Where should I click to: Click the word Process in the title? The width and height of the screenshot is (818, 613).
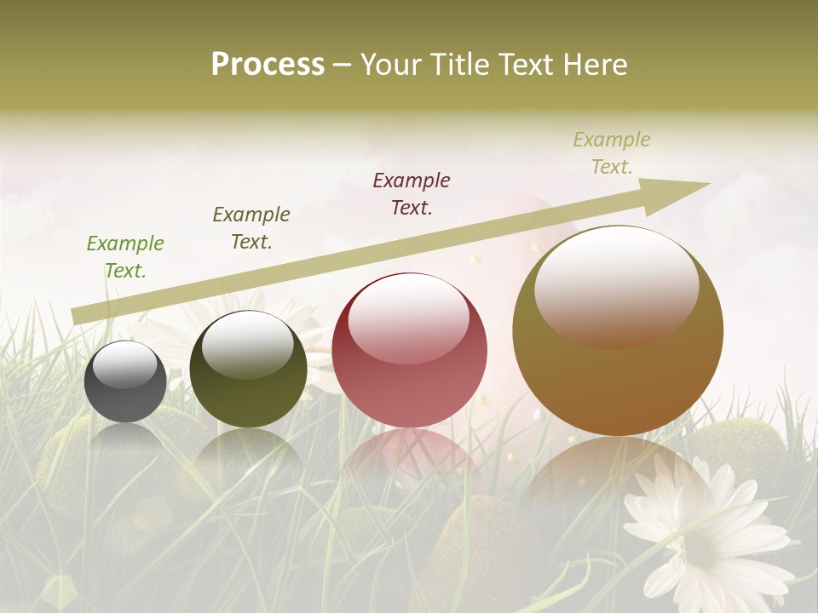[x=268, y=65]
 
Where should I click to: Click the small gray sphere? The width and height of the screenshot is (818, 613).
[x=125, y=381]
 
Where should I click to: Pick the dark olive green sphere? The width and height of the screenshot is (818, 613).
[x=248, y=370]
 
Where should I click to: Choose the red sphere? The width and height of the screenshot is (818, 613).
[x=410, y=350]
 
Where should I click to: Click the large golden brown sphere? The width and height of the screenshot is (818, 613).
[x=618, y=330]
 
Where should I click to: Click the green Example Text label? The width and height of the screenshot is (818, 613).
[x=125, y=257]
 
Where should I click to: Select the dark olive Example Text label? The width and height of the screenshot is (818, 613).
[x=251, y=228]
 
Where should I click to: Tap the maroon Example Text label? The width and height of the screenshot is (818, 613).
[x=412, y=194]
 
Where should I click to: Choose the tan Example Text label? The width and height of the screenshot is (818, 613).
[x=612, y=153]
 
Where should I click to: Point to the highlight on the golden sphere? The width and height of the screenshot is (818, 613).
[x=617, y=285]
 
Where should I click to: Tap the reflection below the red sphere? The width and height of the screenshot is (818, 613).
[x=410, y=460]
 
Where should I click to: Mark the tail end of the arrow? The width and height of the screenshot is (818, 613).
[x=75, y=317]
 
